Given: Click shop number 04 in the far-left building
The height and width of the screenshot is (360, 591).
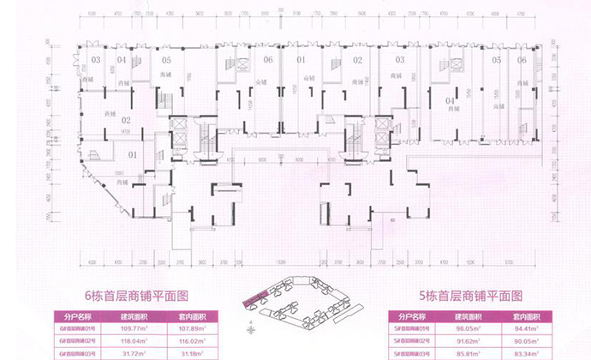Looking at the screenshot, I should coord(122,59).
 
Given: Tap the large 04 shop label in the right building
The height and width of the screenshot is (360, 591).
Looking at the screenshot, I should coord(449,101).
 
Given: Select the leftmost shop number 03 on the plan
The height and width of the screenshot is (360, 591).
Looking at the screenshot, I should coord(96,59).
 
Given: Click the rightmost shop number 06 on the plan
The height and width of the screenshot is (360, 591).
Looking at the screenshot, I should coord(522,59).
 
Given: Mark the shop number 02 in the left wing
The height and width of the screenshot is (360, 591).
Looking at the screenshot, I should coord(125,121).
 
